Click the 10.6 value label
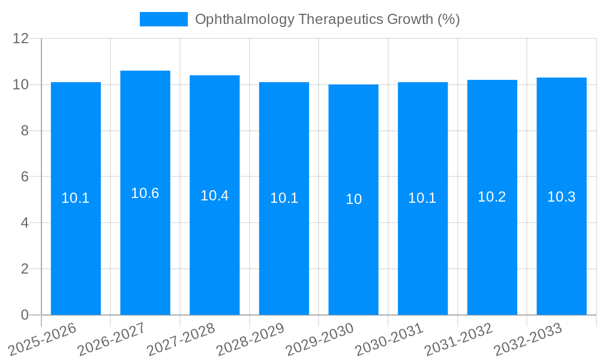[145, 193]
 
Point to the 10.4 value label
[215, 196]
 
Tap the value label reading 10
[353, 199]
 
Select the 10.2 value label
[492, 197]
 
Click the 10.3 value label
[562, 197]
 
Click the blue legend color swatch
[163, 19]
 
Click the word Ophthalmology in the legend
[245, 19]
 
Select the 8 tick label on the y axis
[25, 131]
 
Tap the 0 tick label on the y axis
[25, 315]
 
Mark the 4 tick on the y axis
[25, 223]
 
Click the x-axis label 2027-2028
[181, 339]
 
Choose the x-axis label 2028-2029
[250, 339]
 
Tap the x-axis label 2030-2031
[389, 339]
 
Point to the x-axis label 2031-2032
[459, 339]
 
